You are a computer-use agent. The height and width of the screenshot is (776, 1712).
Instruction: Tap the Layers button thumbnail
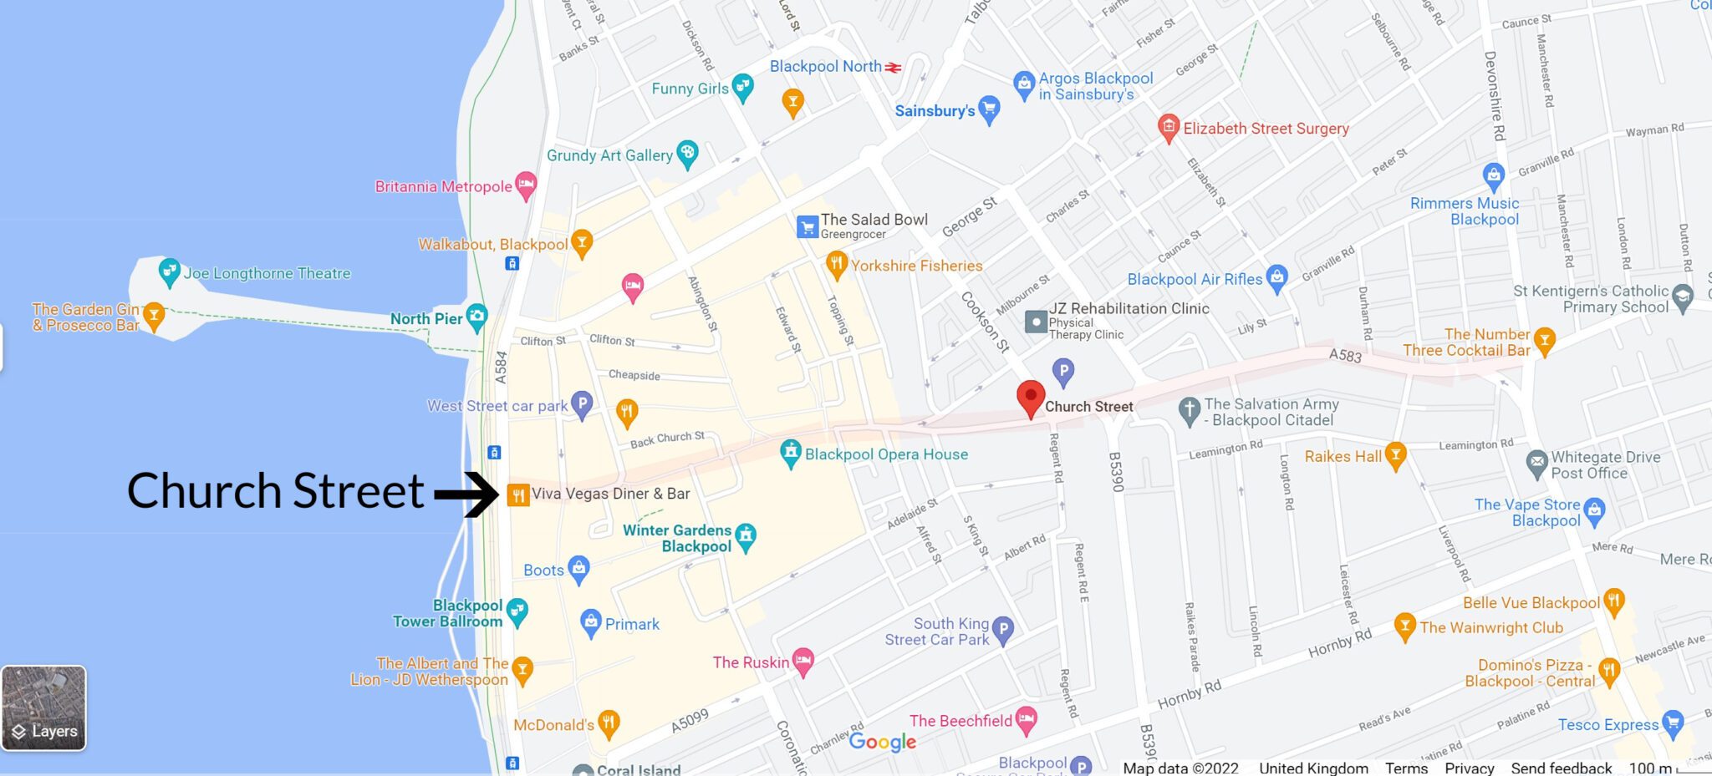coord(44,708)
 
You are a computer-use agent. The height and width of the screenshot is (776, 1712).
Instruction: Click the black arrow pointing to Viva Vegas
coord(466,495)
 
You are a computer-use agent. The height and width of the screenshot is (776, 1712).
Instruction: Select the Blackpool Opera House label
coord(886,454)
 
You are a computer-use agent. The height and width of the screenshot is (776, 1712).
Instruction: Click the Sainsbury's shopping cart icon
coord(989,109)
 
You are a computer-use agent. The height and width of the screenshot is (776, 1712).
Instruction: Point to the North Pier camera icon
coord(476,317)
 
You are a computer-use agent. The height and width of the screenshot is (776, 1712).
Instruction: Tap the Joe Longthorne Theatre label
coord(267,273)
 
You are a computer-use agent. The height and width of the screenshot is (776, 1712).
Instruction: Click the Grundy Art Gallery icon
coord(687,153)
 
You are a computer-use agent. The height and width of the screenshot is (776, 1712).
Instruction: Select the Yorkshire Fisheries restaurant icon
coord(836,265)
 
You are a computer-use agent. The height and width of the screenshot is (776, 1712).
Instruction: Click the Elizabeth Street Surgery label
coord(1266,129)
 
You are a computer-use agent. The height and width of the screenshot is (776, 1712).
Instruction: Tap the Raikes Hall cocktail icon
coord(1395,455)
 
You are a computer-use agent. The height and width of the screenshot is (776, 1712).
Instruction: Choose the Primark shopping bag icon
coord(591,622)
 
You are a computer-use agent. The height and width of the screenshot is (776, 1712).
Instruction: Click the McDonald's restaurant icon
coord(609,723)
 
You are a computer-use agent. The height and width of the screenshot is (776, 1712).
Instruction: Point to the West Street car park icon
coord(582,404)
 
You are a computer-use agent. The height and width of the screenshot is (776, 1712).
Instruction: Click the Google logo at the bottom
coord(882,742)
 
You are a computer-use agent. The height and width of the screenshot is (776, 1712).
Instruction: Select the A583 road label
coord(1345,356)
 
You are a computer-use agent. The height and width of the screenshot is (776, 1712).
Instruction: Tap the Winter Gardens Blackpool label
coord(677,538)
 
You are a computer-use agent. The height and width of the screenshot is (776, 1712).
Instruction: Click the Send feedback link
coord(1561,768)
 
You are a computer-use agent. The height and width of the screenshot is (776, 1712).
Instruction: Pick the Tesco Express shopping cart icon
coord(1673,723)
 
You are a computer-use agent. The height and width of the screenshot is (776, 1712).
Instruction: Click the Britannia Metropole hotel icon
coord(526,185)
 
